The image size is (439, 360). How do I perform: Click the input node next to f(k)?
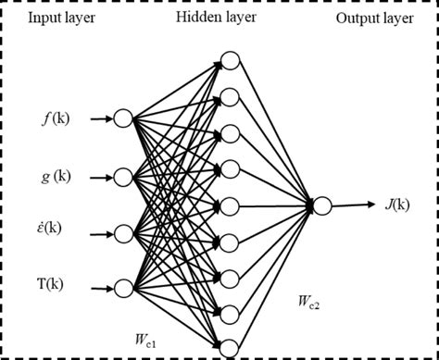(123, 118)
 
